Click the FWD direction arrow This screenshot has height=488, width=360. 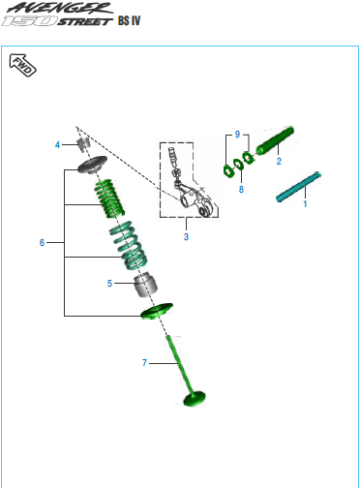click(22, 65)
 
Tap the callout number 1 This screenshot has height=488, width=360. click(305, 203)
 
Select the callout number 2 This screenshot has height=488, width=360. click(279, 161)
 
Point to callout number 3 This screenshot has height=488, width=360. click(186, 236)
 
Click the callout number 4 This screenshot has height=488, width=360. click(57, 144)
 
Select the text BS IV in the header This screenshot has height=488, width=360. click(129, 20)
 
